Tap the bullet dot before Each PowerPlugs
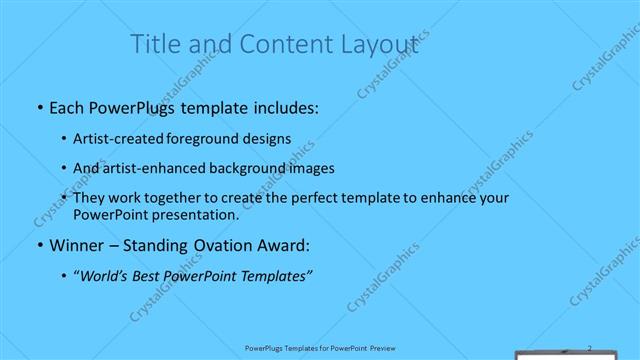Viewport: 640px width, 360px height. (39, 108)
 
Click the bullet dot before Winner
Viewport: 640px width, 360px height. (39, 245)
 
